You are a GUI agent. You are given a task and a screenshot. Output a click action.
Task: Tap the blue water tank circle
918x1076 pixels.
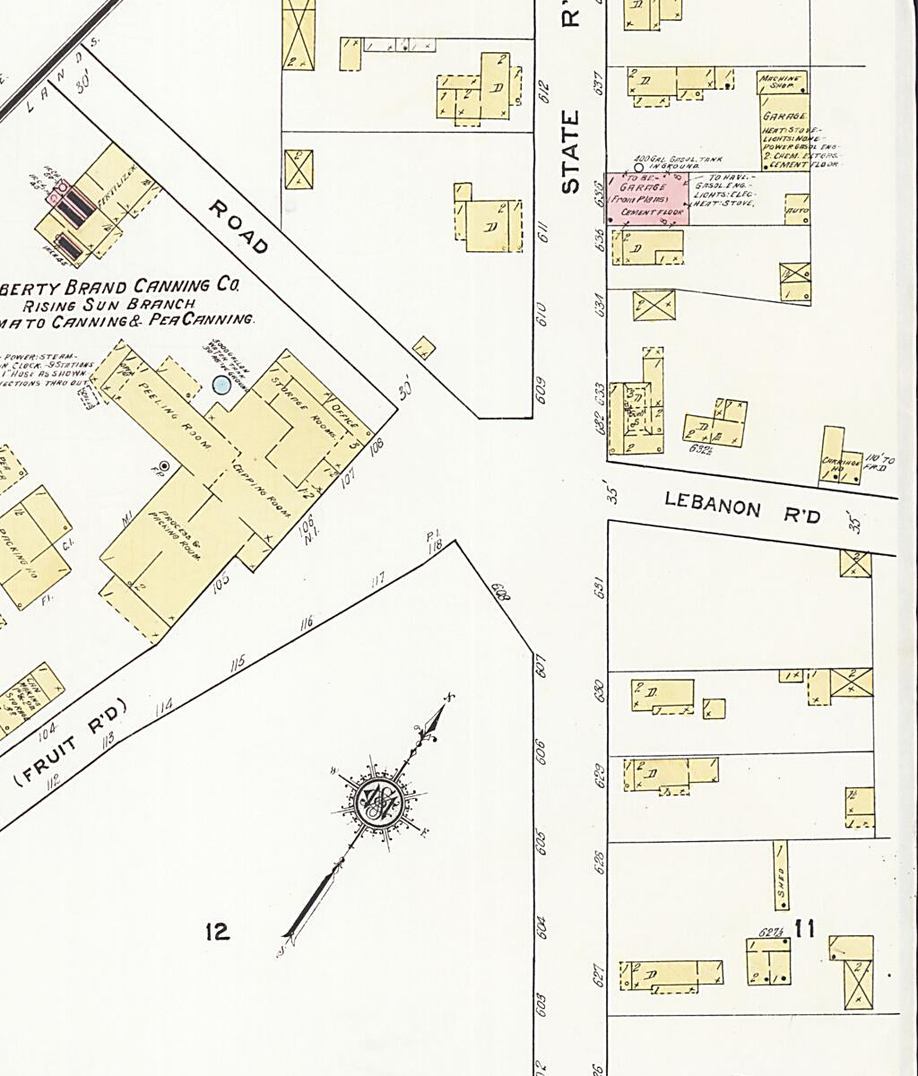click(221, 385)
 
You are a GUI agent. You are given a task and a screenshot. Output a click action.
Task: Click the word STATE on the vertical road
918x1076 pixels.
click(570, 152)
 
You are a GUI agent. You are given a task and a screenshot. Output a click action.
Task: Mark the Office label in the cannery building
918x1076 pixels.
click(344, 414)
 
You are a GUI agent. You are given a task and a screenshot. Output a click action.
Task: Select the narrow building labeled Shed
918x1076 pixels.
click(781, 874)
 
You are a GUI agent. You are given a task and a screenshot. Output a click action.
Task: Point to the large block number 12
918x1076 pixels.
click(217, 932)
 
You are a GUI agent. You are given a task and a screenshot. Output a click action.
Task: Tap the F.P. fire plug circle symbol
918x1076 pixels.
click(164, 465)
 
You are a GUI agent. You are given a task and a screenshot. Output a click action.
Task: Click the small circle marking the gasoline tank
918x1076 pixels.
click(638, 167)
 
